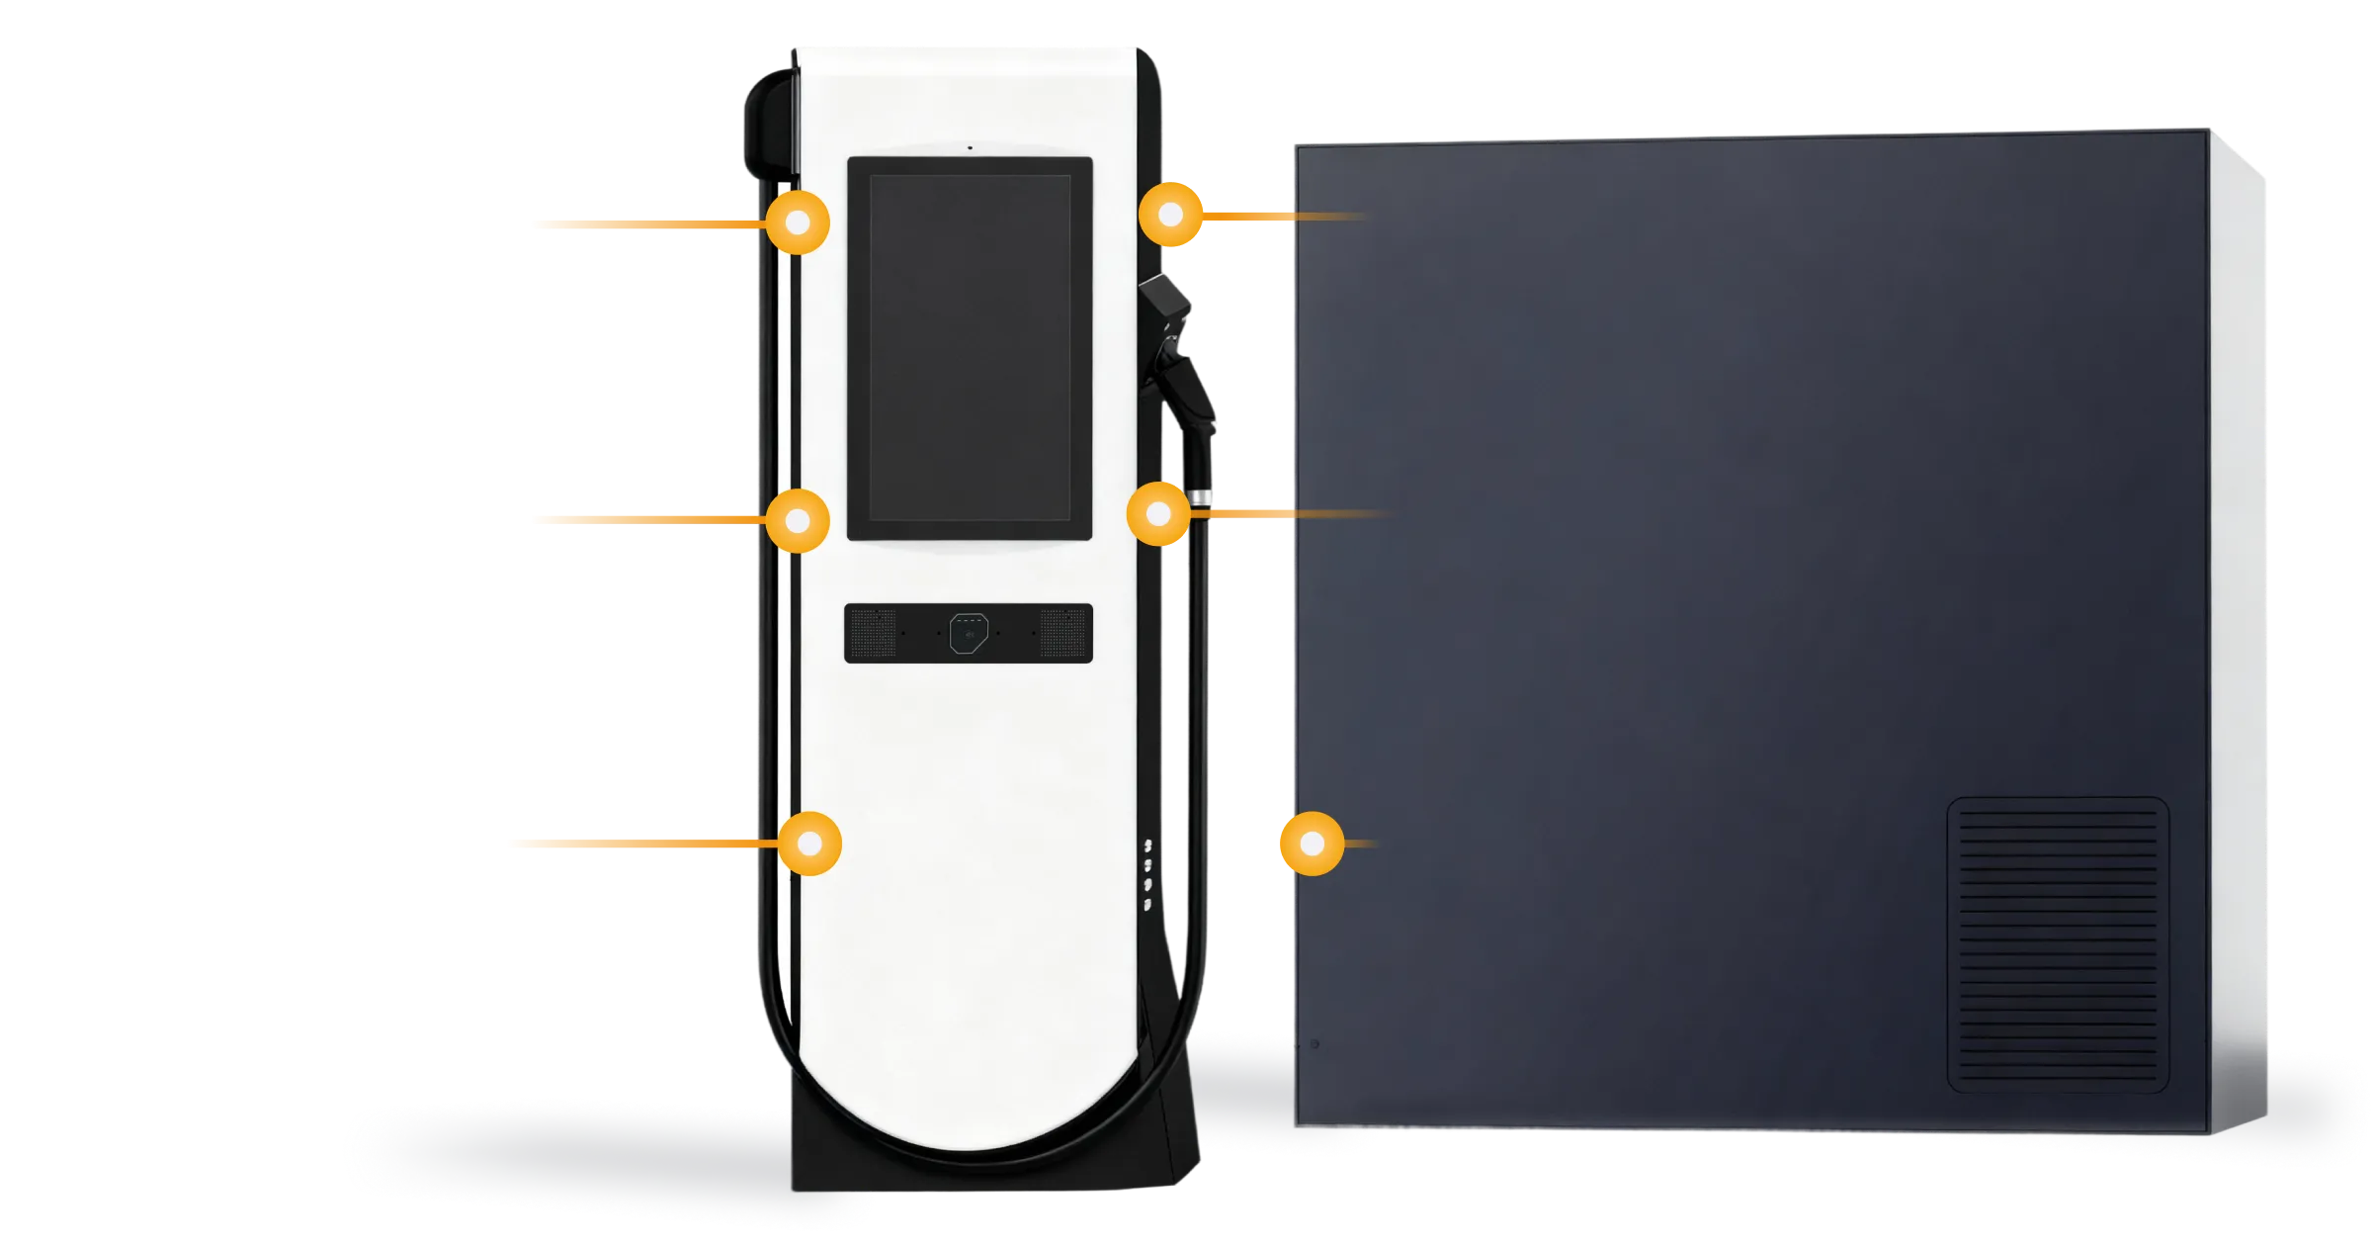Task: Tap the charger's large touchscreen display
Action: click(x=970, y=348)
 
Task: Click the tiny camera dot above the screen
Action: click(x=970, y=147)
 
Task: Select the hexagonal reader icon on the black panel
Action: click(x=969, y=633)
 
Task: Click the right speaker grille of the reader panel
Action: click(x=1064, y=633)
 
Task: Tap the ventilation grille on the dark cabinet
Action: click(x=2058, y=944)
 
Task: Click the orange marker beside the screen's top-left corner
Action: click(x=798, y=222)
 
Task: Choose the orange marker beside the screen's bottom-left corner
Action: click(x=798, y=520)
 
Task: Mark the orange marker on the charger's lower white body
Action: click(x=809, y=844)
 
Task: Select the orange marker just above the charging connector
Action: click(x=1171, y=215)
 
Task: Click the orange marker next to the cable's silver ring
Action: click(x=1158, y=513)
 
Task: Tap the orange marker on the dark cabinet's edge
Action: click(x=1312, y=844)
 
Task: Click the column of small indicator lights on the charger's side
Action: click(x=1147, y=875)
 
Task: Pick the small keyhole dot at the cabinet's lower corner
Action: click(x=1314, y=1043)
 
